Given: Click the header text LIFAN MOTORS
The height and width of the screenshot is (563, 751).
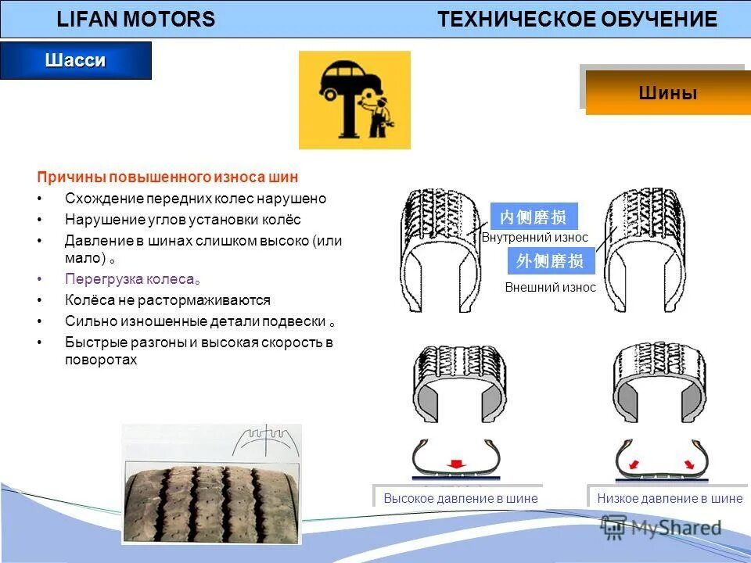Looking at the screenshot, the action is pos(135,20).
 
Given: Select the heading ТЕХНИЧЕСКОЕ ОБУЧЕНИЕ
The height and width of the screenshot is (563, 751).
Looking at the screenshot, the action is pos(577,20).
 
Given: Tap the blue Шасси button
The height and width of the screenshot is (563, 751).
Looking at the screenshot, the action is pos(75,61).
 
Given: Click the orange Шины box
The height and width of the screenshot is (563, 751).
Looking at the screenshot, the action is pos(667,93).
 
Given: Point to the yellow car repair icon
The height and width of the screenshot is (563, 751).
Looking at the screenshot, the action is pos(354,100).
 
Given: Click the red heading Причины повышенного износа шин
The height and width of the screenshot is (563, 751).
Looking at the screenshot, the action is pos(168,178).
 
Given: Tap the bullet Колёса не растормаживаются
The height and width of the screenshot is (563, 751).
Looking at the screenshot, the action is pos(167,300).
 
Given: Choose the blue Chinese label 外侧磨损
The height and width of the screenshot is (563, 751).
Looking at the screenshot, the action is pos(551,261).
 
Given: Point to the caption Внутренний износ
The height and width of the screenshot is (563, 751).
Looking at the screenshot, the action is pos(534,238).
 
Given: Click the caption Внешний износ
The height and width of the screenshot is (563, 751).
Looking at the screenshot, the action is pos(550,287).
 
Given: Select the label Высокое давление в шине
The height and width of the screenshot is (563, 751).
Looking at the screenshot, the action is pos(460,498).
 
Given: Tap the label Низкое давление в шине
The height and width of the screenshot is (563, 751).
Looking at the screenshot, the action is pos(670,498).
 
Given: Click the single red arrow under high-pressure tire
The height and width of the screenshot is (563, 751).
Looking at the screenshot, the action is pos(455,463).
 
